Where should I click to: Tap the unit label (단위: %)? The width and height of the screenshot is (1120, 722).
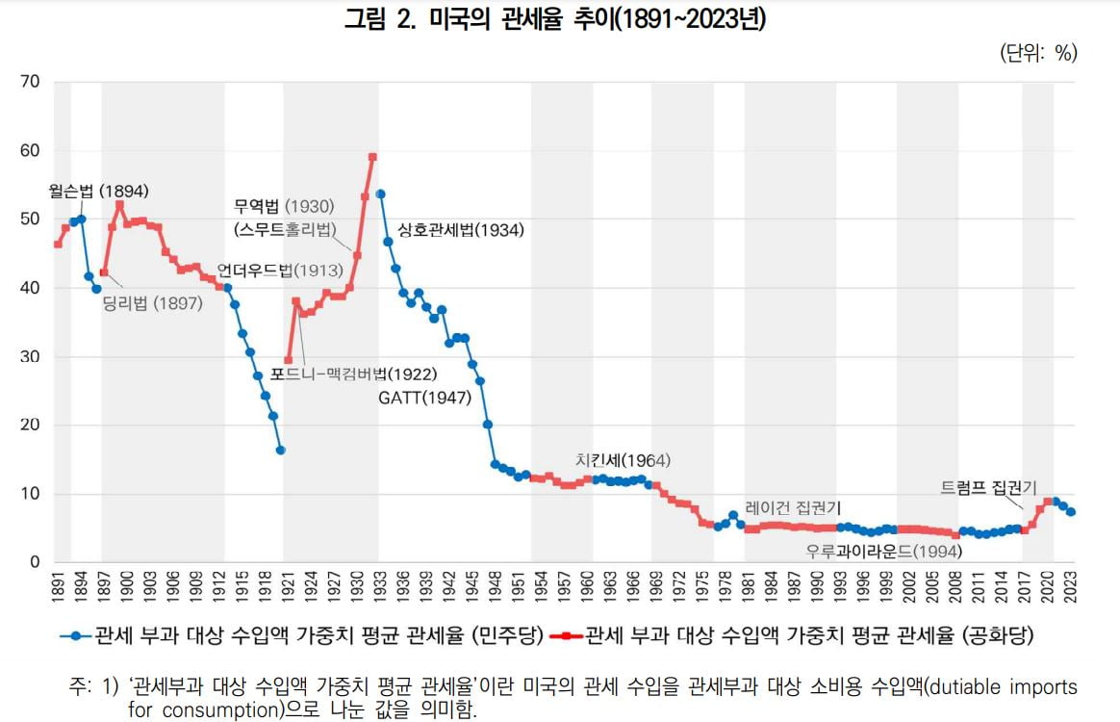coord(1038,53)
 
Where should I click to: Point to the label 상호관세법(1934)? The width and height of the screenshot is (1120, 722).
coord(460,230)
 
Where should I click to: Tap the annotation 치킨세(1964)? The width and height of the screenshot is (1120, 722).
coord(623,460)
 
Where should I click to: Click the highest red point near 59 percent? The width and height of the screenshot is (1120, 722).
coord(372,157)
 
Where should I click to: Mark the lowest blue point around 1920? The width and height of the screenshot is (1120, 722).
coord(280,450)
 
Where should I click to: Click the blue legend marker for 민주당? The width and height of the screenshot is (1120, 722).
coord(76,635)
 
